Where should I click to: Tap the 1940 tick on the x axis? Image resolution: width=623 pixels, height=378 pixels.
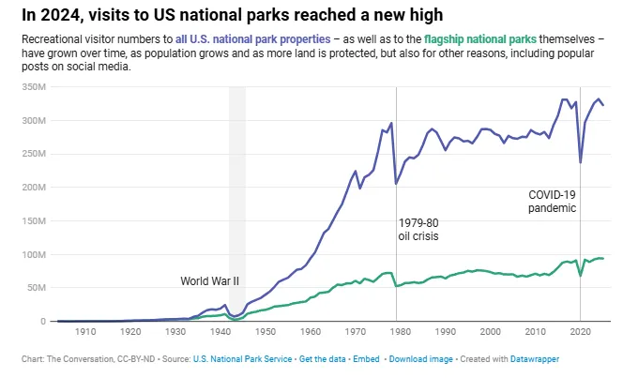220,331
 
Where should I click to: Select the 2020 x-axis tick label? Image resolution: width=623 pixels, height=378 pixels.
581,331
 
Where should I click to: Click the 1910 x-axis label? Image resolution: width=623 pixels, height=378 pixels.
85,331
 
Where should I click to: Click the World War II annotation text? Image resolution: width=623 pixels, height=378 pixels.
210,280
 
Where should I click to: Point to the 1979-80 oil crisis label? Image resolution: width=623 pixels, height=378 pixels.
418,230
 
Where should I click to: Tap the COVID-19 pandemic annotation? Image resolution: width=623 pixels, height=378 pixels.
552,201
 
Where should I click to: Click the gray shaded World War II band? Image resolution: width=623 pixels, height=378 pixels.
237,188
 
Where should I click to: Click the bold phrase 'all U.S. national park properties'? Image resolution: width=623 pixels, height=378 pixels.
252,40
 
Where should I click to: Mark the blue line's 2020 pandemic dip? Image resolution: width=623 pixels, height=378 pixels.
581,162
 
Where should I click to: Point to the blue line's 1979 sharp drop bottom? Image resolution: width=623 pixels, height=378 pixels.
396,183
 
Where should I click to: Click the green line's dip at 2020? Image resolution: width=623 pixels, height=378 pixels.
581,275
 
